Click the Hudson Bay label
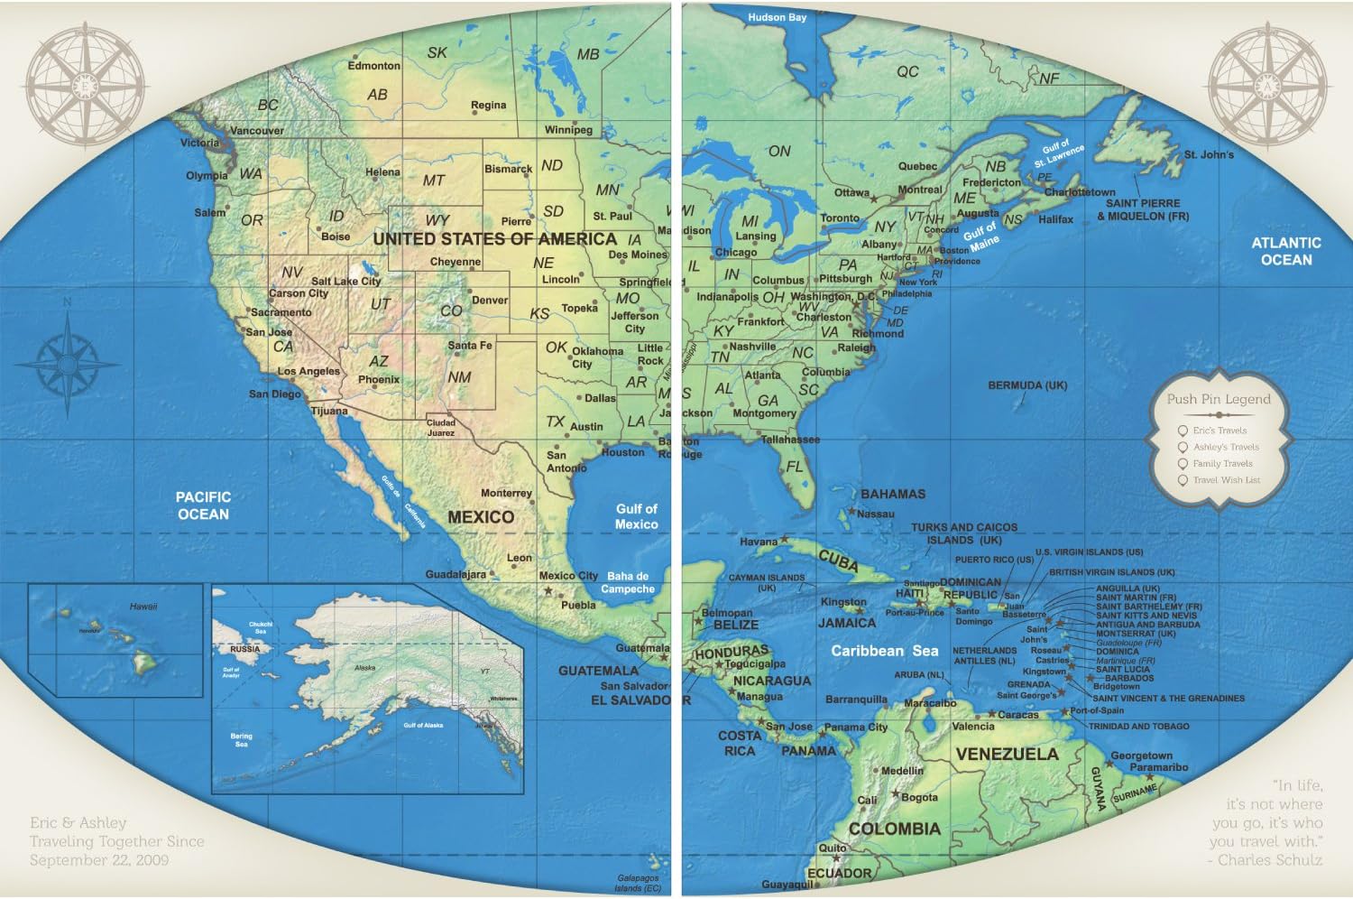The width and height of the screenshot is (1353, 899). point(777,17)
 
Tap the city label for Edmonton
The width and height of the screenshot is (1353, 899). point(374,66)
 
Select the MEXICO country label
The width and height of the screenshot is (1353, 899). point(481,517)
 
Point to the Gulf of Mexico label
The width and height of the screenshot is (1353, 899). point(636,516)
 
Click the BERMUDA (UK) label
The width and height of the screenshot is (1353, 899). point(1027,385)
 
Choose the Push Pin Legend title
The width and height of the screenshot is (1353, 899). point(1218,399)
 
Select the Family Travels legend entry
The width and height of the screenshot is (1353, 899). point(1222,464)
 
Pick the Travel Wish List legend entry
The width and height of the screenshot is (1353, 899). point(1226,480)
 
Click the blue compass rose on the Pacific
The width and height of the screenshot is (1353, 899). point(68,364)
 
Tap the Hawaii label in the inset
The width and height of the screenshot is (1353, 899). point(143,607)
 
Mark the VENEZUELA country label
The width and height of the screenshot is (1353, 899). point(1007,755)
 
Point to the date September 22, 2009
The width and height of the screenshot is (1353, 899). point(99,860)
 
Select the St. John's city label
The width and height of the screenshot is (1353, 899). point(1209,154)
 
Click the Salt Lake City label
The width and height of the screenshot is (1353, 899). point(345,281)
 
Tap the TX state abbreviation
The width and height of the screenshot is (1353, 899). point(555,422)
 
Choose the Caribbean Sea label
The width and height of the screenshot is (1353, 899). point(884,651)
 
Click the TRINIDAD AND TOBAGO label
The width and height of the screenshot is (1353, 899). point(1138,727)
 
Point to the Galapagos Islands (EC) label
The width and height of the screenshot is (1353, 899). point(638,883)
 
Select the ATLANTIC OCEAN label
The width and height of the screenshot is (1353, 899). point(1285,251)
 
